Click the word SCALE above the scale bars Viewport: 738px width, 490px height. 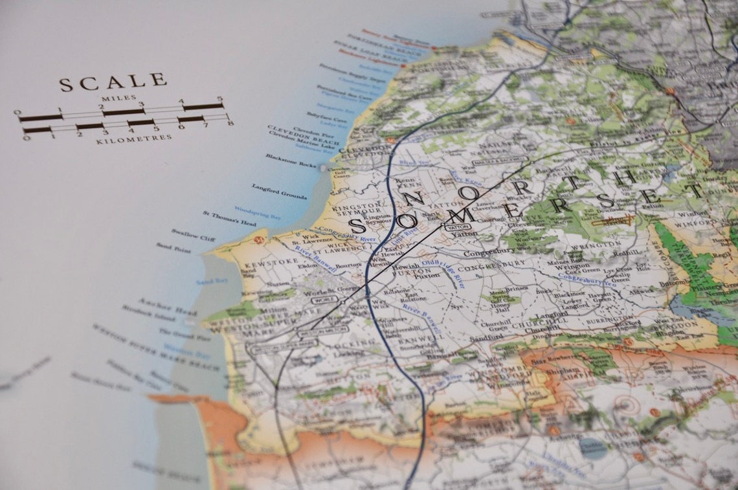(x=113, y=82)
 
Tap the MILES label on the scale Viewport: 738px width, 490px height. (x=118, y=98)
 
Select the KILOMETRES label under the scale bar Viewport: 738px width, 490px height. (x=134, y=138)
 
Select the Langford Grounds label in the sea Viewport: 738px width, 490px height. (x=280, y=191)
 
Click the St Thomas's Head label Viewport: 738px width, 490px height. (x=229, y=218)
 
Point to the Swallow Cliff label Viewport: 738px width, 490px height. (x=193, y=234)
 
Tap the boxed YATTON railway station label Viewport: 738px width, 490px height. (x=457, y=227)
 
